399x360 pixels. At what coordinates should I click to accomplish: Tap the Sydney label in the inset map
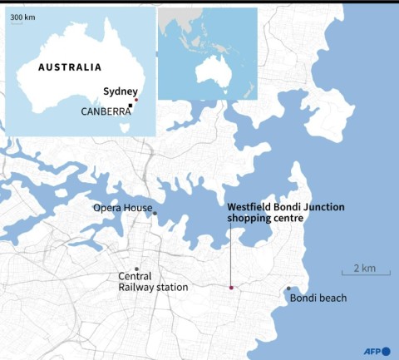pos(120,91)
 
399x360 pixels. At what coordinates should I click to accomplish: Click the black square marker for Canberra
pos(131,106)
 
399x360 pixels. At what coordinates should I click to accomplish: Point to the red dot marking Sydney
pos(135,101)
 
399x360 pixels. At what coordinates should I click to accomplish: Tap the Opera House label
pos(121,208)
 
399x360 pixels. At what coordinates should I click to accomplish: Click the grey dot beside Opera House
pos(155,214)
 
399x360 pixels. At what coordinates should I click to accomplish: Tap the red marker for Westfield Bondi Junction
pos(231,288)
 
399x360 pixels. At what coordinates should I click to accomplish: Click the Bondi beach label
pos(318,298)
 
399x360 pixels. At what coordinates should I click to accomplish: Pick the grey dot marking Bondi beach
pos(288,288)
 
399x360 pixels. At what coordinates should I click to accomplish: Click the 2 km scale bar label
pos(364,268)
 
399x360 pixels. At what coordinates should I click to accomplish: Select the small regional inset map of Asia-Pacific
pos(208,53)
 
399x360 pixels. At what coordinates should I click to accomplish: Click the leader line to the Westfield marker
pos(230,254)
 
